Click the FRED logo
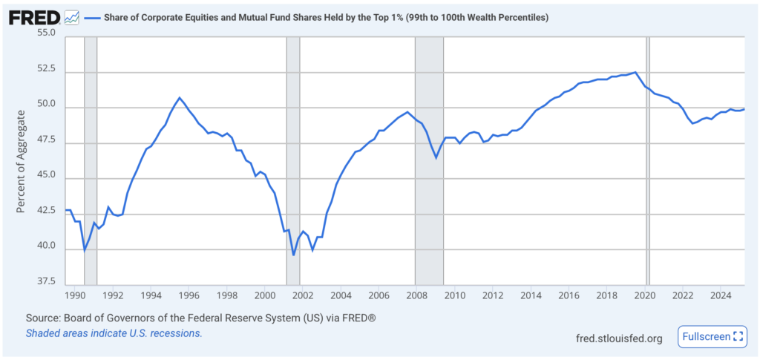tap(33, 16)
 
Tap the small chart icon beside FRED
tap(72, 16)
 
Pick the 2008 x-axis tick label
tap(416, 295)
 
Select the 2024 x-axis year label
tap(720, 295)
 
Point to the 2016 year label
tap(568, 295)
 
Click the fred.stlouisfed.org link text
tap(619, 338)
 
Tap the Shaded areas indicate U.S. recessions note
tap(114, 333)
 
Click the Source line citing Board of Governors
tap(200, 318)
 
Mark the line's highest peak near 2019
tap(635, 72)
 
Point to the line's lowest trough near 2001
tap(294, 255)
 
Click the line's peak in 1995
tap(179, 97)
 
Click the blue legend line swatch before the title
tap(92, 17)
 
